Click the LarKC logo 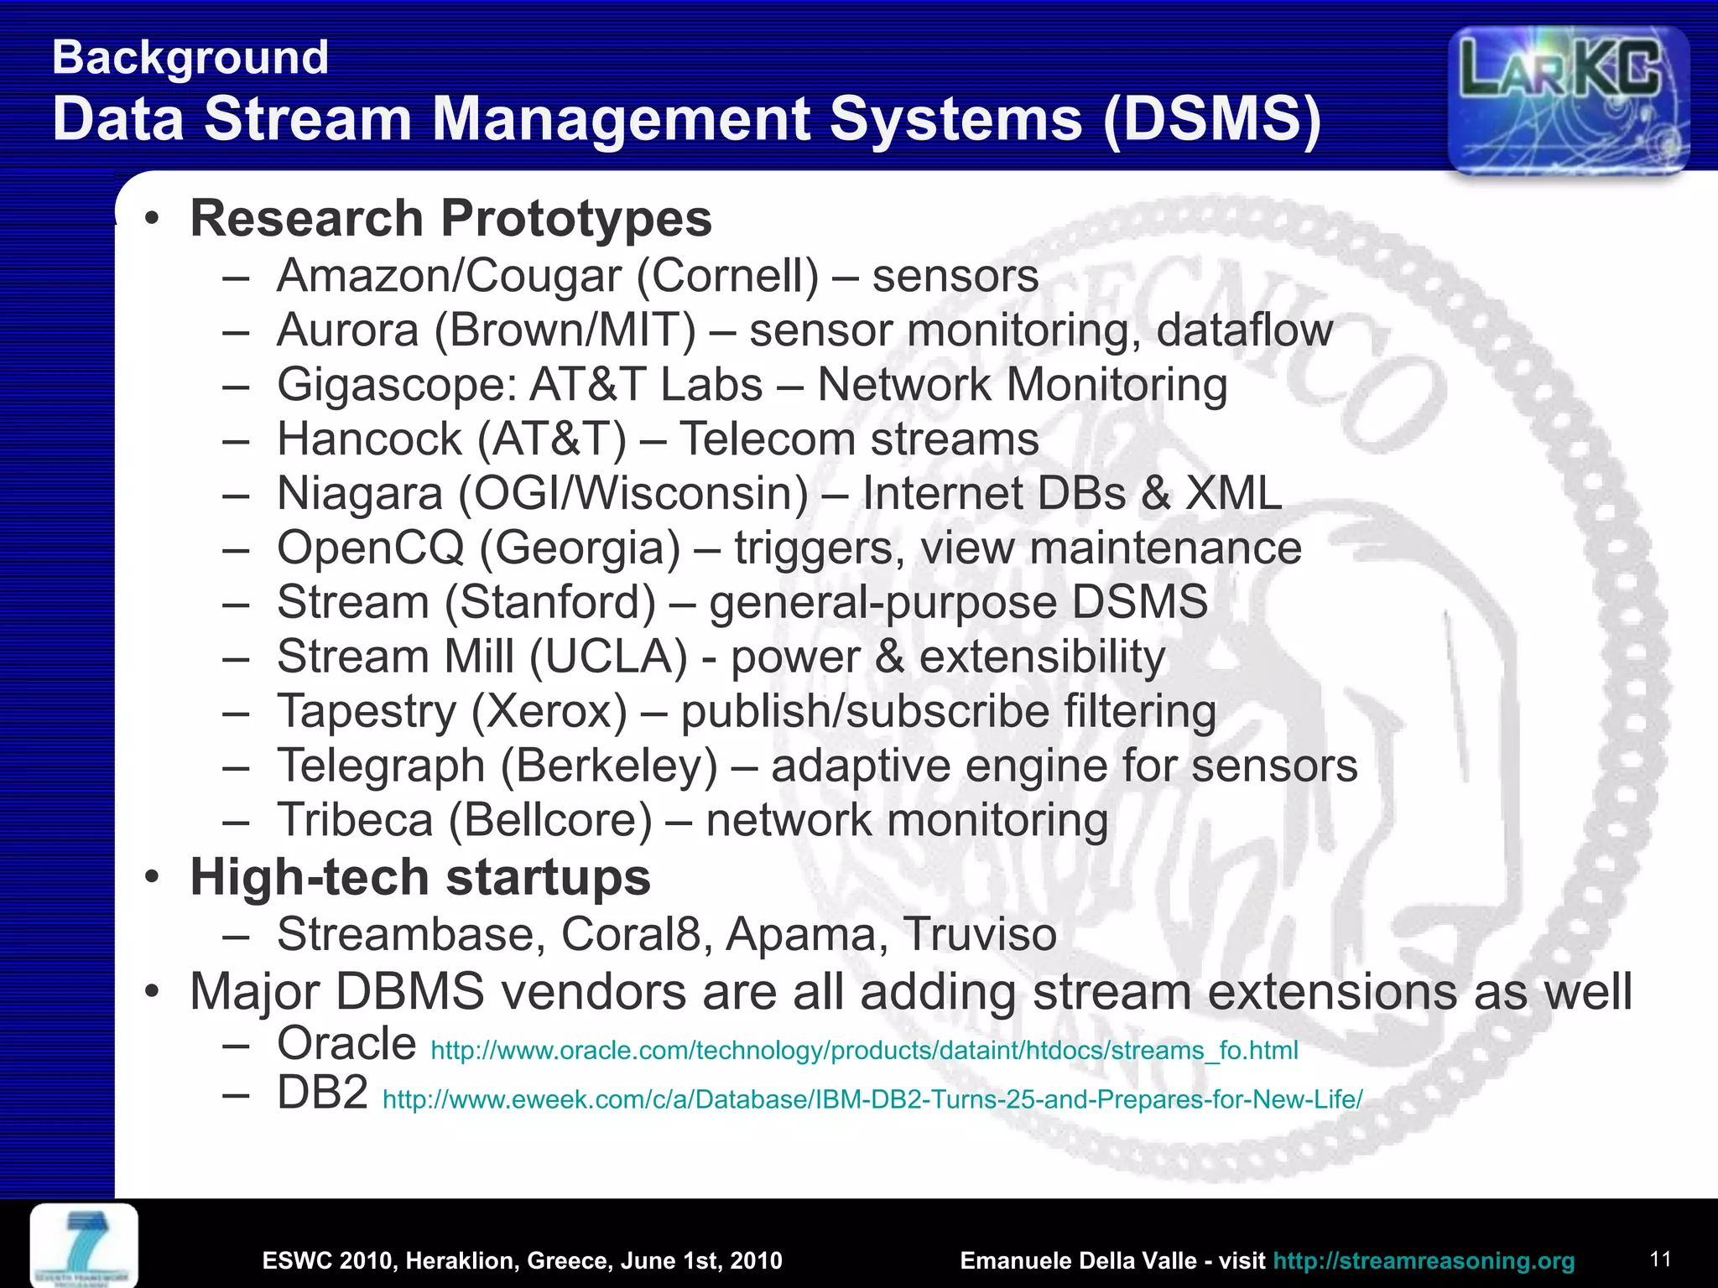[1567, 99]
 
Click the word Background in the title [190, 58]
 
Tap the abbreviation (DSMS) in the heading [1211, 119]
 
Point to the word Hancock [369, 439]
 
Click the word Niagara [359, 494]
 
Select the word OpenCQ [370, 548]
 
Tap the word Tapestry [367, 712]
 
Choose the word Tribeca [355, 820]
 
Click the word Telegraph [381, 766]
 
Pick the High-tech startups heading [420, 877]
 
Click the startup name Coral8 [630, 934]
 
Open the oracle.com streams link [863, 1051]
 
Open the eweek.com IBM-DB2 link [872, 1099]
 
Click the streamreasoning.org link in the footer [1423, 1260]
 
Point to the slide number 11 [1660, 1259]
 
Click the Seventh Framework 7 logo [84, 1244]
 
